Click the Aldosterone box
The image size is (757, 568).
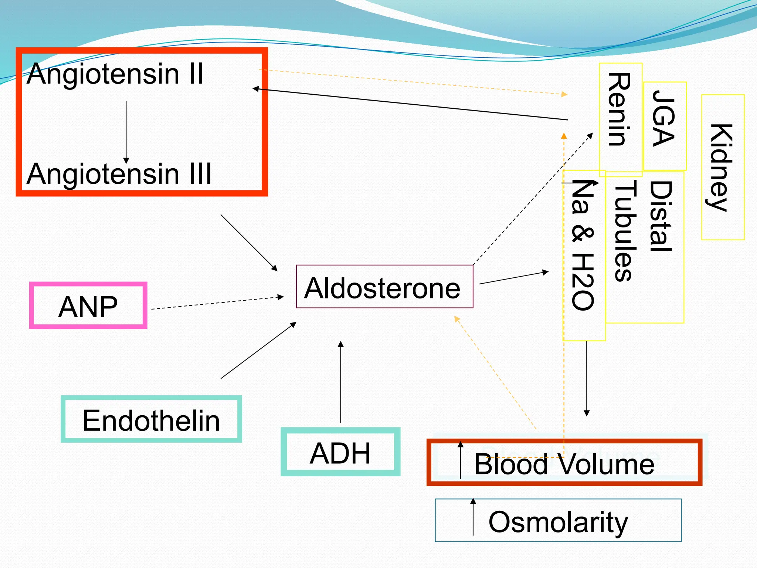pyautogui.click(x=384, y=287)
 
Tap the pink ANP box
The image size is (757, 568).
pyautogui.click(x=88, y=306)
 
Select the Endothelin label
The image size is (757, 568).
pyautogui.click(x=151, y=420)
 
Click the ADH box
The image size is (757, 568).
pyautogui.click(x=340, y=452)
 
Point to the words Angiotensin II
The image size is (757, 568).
pyautogui.click(x=115, y=74)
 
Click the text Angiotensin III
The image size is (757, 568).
pyautogui.click(x=119, y=174)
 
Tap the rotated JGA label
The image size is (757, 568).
pyautogui.click(x=664, y=118)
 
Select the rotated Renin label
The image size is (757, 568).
pyautogui.click(x=620, y=109)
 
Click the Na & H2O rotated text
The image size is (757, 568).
pyautogui.click(x=583, y=245)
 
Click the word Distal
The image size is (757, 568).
pyautogui.click(x=661, y=217)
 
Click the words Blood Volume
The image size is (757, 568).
pyautogui.click(x=564, y=464)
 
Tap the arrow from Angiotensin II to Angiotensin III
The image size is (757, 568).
pyautogui.click(x=126, y=131)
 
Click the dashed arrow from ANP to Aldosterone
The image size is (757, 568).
pyautogui.click(x=217, y=302)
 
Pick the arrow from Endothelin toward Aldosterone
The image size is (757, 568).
pyautogui.click(x=258, y=350)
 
